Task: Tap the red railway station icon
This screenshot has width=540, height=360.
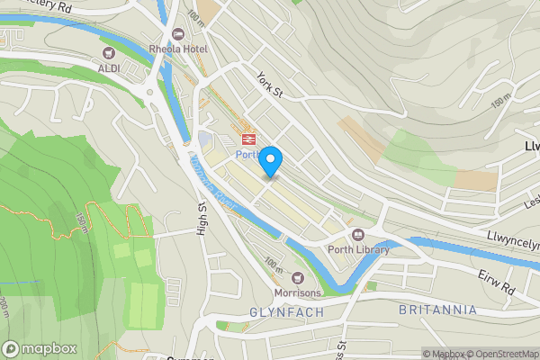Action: (247, 139)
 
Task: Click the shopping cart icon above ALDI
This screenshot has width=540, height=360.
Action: (110, 53)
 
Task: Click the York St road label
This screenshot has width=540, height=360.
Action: (269, 85)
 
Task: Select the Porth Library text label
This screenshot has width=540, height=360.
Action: (358, 250)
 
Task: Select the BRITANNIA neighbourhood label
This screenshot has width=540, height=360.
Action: (436, 310)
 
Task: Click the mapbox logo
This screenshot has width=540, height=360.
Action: (40, 348)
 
